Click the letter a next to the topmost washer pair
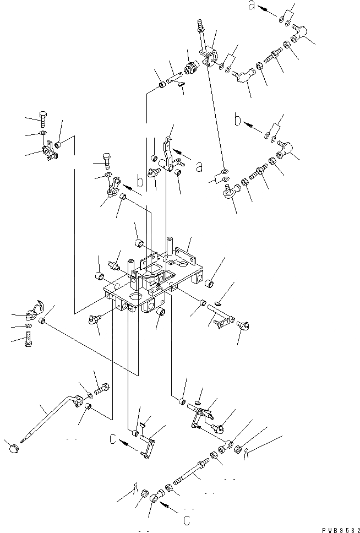point(252,7)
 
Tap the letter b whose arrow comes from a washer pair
point(238,121)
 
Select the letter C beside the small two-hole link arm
point(113,440)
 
